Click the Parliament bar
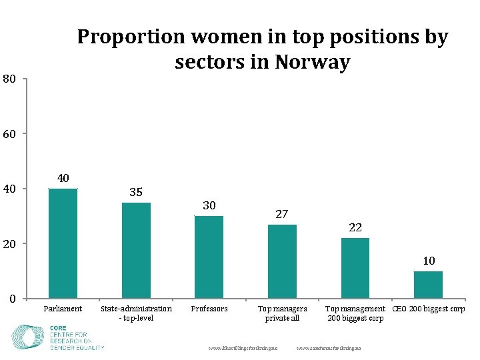tap(63, 243)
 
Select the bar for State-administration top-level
tap(136, 250)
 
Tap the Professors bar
tap(209, 257)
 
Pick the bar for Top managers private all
tap(282, 261)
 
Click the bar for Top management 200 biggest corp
tap(355, 268)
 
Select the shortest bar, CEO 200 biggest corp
tap(428, 285)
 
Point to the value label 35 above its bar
tap(136, 192)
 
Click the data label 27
tap(282, 214)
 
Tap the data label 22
tap(355, 227)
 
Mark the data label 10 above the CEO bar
tap(429, 261)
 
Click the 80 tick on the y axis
tap(9, 79)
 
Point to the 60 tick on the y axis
tap(9, 134)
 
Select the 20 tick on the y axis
tap(9, 243)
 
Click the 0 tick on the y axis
tap(13, 299)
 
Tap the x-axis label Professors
tap(209, 309)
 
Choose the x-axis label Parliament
tap(63, 309)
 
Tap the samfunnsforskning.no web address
tap(329, 348)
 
